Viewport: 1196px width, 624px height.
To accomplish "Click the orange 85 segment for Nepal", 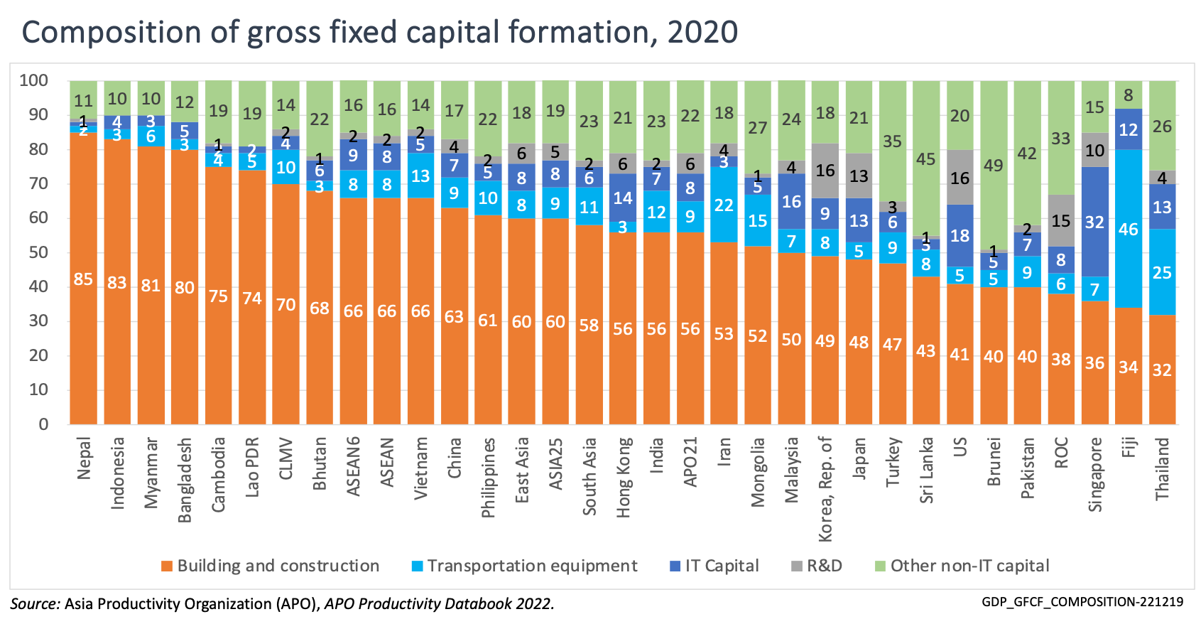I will pos(84,279).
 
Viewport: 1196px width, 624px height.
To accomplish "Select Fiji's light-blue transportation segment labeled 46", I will pos(1128,229).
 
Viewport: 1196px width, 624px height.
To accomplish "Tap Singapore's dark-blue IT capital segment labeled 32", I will pos(1094,222).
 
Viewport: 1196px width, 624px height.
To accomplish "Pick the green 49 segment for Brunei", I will pos(993,165).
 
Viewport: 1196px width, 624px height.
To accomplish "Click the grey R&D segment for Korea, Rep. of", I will pos(825,171).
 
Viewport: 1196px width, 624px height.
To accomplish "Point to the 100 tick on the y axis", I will pos(34,80).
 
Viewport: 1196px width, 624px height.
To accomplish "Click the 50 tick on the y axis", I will pos(39,252).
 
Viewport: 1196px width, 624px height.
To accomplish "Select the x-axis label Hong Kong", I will pos(624,477).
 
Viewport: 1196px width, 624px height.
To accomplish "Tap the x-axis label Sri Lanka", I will pos(926,470).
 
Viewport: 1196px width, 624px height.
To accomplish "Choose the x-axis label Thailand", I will pos(1162,468).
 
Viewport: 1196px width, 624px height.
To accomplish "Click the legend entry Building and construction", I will pos(278,566).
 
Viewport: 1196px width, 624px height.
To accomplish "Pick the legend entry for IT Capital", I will pos(722,566).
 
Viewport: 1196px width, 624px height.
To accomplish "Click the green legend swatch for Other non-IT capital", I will pos(880,566).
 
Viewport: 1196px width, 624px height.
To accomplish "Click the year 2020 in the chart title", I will pos(702,33).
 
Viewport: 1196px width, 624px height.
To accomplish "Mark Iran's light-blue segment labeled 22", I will pos(723,205).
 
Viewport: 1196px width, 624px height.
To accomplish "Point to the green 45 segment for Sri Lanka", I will pos(925,158).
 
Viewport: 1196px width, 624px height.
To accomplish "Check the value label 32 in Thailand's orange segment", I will pos(1162,370).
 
